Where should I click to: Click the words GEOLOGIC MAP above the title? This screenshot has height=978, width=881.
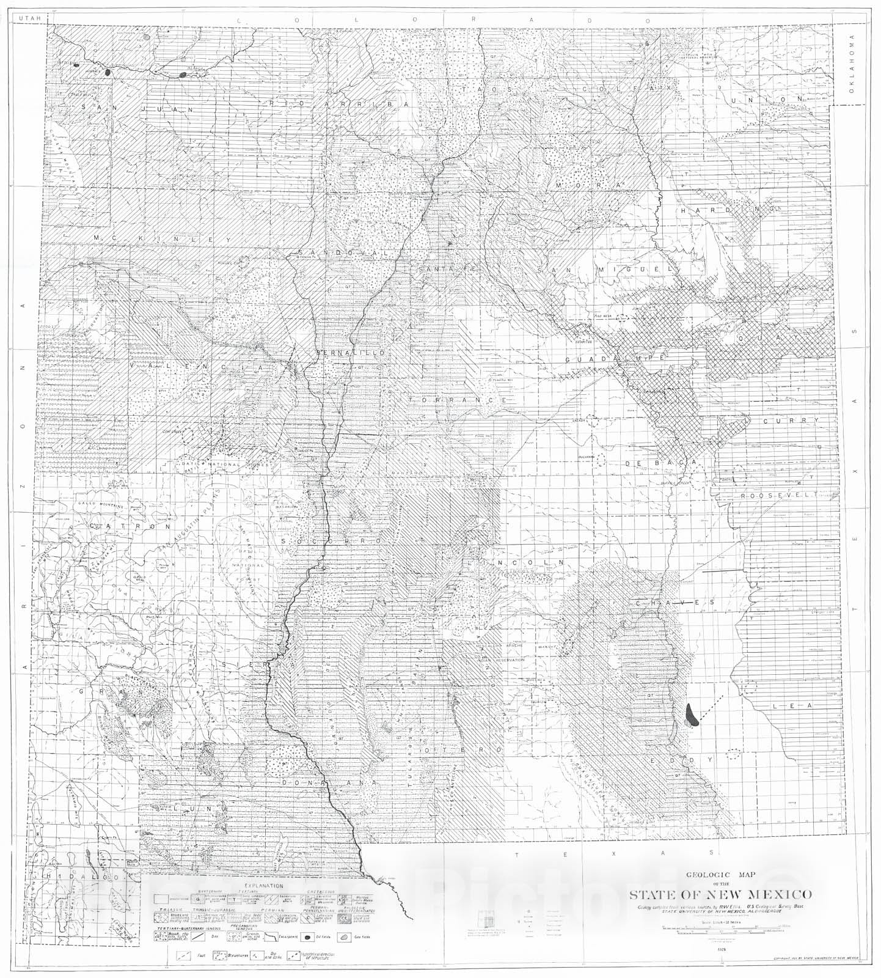point(721,874)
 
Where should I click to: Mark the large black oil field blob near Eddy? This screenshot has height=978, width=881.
point(692,715)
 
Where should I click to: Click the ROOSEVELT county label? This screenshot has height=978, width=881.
point(778,496)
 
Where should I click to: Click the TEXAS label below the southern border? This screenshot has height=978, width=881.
point(614,853)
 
